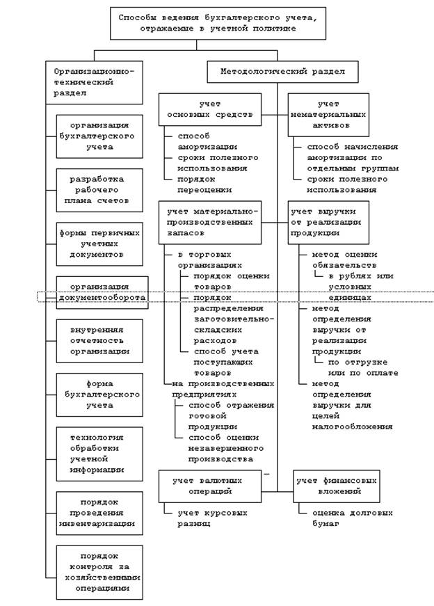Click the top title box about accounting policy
tap(217, 24)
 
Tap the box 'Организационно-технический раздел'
tap(95, 82)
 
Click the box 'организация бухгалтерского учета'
tap(99, 136)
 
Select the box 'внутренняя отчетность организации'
tap(99, 341)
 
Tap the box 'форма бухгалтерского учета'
tap(99, 394)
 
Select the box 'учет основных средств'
tap(210, 109)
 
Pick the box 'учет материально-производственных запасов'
tap(210, 223)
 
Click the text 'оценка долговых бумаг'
tap(346, 518)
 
